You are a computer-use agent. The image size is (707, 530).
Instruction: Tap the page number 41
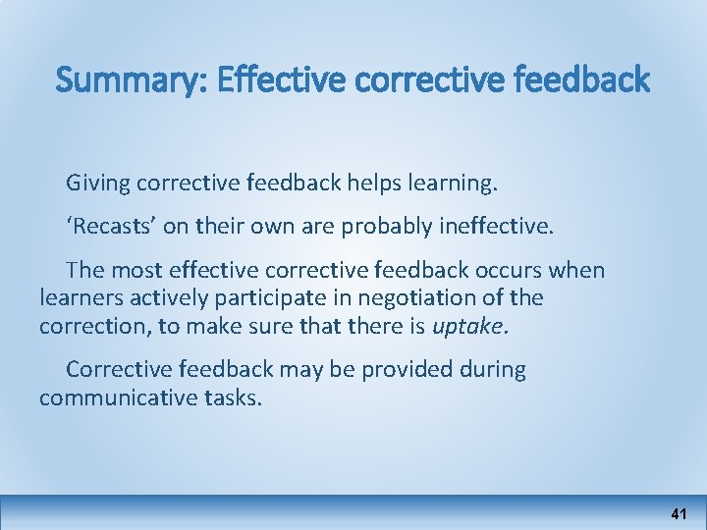[x=679, y=513]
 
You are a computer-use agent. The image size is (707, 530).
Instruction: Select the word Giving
[x=98, y=183]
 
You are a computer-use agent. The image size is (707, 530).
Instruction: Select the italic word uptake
[x=470, y=326]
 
